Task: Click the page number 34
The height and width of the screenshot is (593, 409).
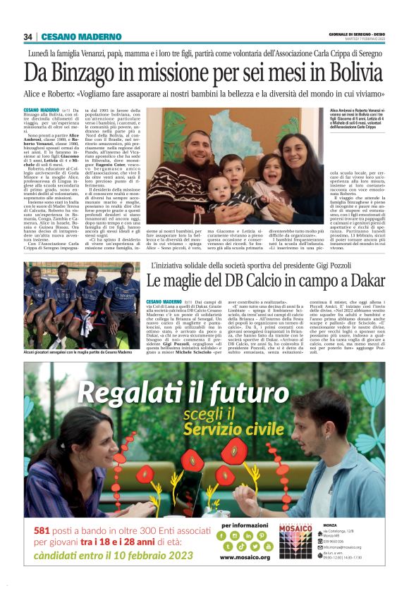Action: tap(28, 37)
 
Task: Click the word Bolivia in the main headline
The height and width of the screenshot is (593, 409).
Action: tap(350, 72)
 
